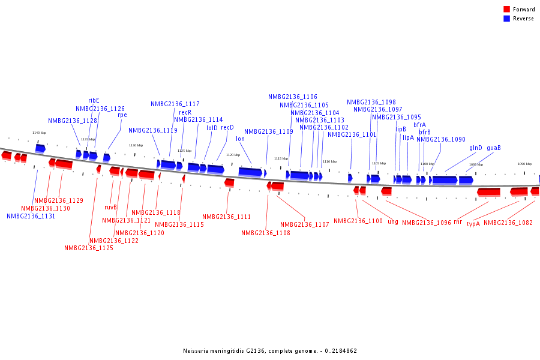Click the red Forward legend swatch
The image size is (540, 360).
(507, 10)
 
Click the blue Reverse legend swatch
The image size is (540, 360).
(507, 19)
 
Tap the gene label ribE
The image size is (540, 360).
(94, 101)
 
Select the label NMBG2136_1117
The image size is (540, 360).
(175, 104)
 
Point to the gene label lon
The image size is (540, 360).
(240, 139)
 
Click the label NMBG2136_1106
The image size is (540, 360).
(293, 97)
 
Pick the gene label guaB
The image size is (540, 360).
(494, 148)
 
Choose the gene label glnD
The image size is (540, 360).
(475, 148)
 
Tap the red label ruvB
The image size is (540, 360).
(110, 208)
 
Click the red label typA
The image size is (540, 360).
(473, 224)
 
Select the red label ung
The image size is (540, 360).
(393, 222)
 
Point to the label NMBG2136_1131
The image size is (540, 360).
(31, 216)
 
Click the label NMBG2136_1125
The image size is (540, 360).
(89, 248)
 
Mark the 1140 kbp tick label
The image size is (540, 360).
(39, 133)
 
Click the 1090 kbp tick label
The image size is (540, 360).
(524, 164)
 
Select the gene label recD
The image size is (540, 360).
(227, 128)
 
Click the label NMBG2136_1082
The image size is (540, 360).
(508, 223)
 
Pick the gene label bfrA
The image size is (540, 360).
(419, 125)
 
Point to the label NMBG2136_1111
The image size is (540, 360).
(227, 217)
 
